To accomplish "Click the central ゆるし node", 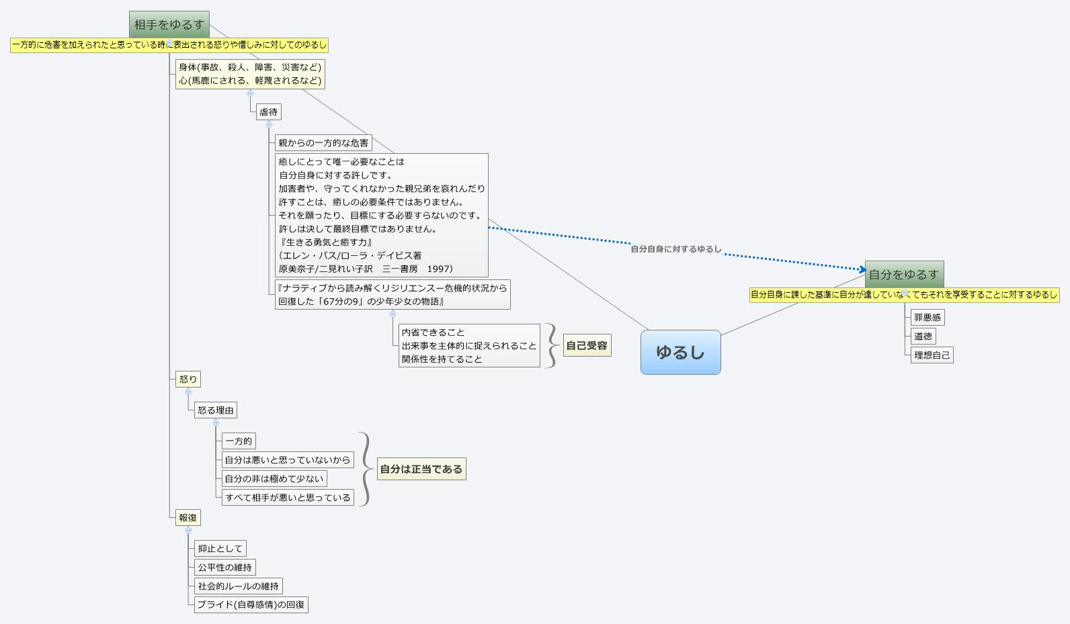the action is (x=680, y=353).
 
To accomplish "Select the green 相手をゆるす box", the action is (x=169, y=24).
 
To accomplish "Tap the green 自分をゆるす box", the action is (x=904, y=275).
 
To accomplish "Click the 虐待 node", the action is (x=268, y=112).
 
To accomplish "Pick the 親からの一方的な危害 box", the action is (x=323, y=143).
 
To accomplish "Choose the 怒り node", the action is (x=188, y=379).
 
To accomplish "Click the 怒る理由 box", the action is (x=216, y=410).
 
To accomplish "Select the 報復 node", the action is (x=188, y=517).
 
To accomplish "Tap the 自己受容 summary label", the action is (x=587, y=345).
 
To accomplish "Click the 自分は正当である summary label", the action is (x=421, y=469).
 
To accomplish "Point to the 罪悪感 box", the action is (x=927, y=318).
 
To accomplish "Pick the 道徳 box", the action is (x=923, y=336).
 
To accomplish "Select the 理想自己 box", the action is (x=932, y=355).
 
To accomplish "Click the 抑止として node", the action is (x=220, y=549).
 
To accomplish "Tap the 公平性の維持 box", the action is (x=225, y=567).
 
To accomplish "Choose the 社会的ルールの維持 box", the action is (x=239, y=586).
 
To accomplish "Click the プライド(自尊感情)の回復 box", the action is (x=251, y=605).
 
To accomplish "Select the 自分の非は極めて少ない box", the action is (x=274, y=478).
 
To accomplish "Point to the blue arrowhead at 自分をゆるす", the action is (x=863, y=270).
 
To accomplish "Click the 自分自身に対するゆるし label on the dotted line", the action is (x=676, y=249).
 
